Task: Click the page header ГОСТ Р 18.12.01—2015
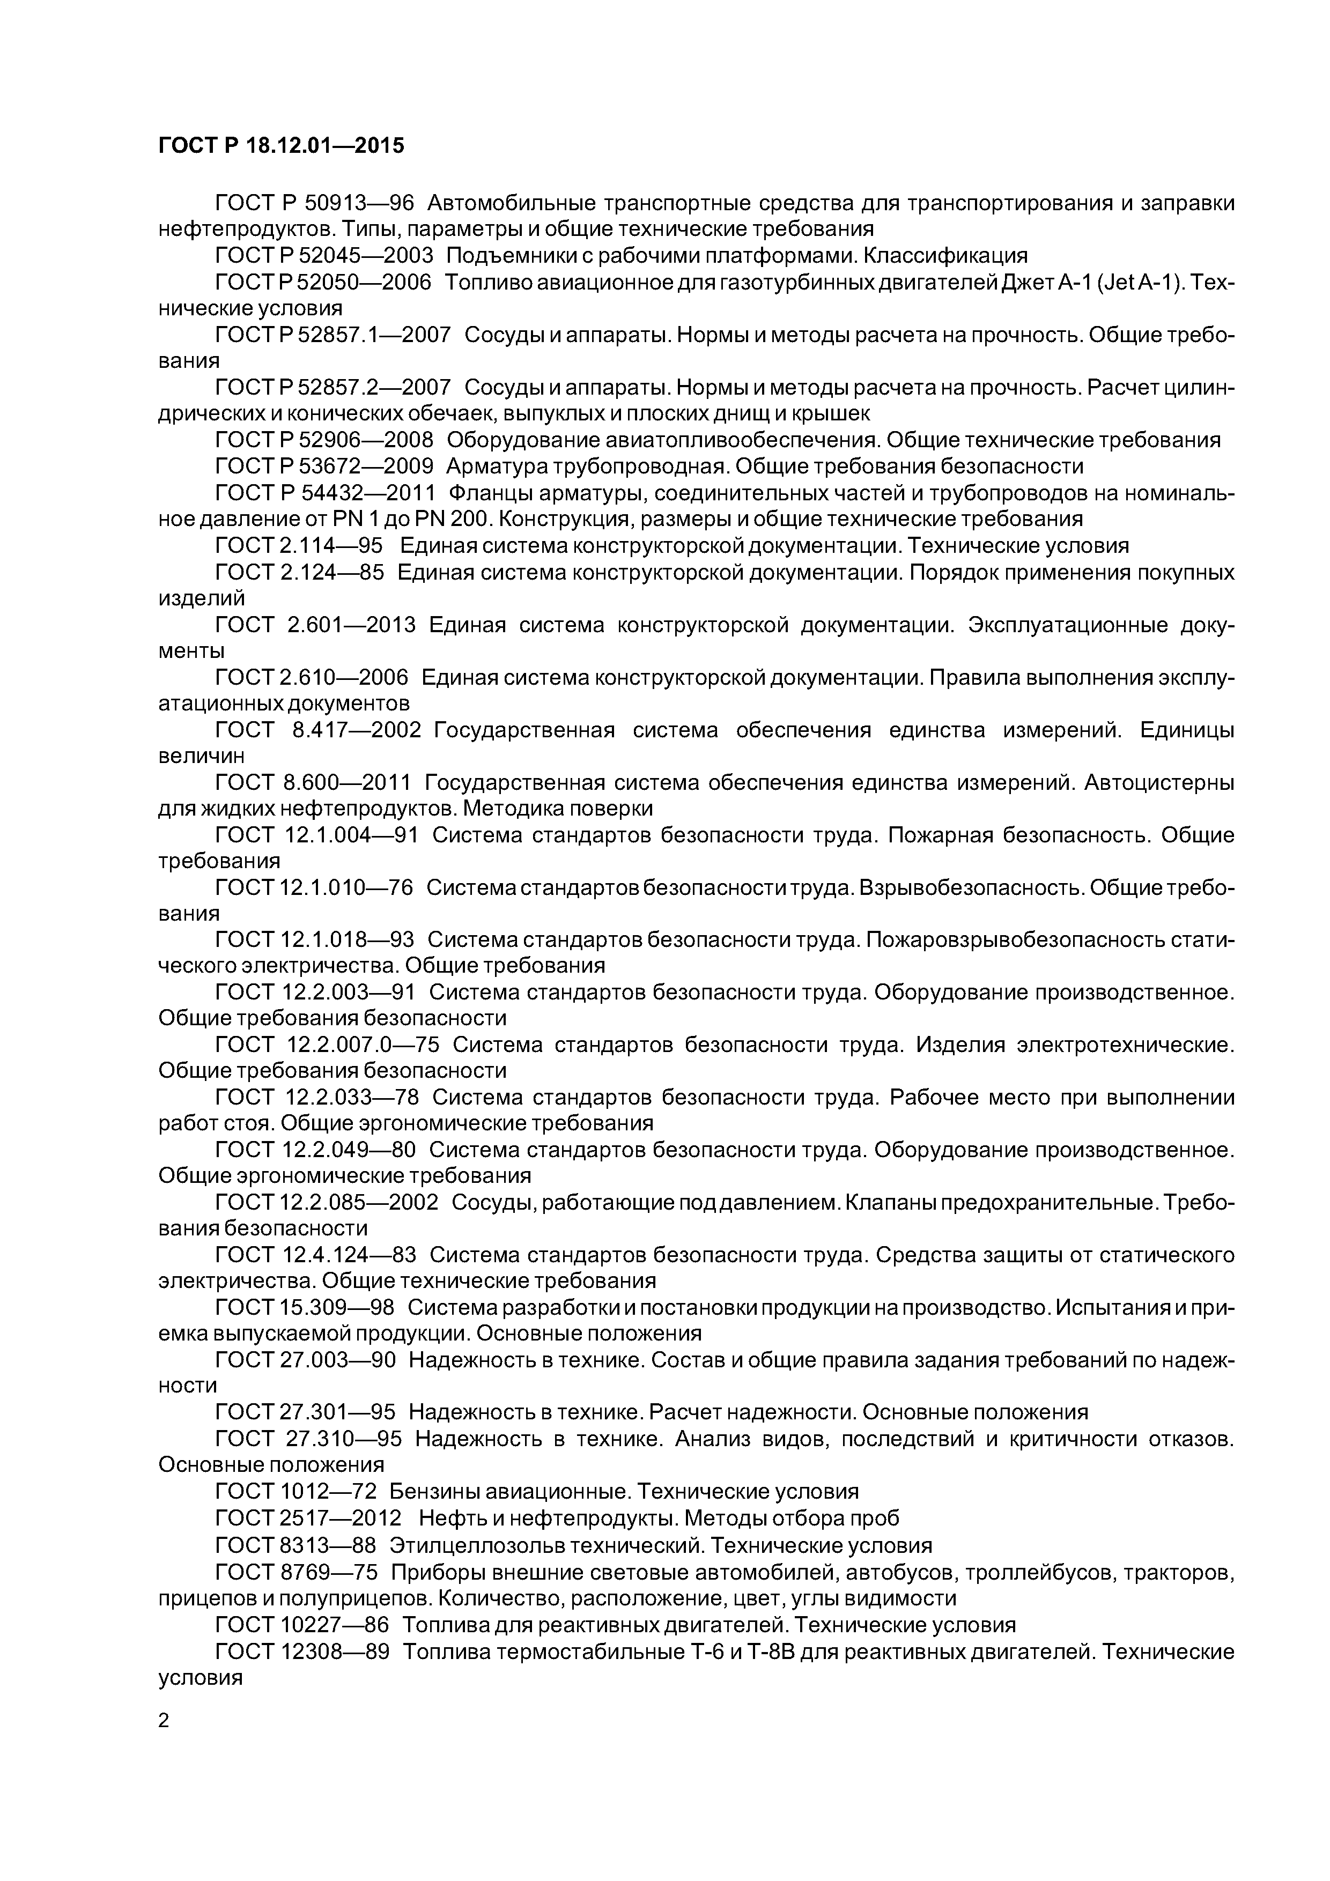point(281,146)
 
